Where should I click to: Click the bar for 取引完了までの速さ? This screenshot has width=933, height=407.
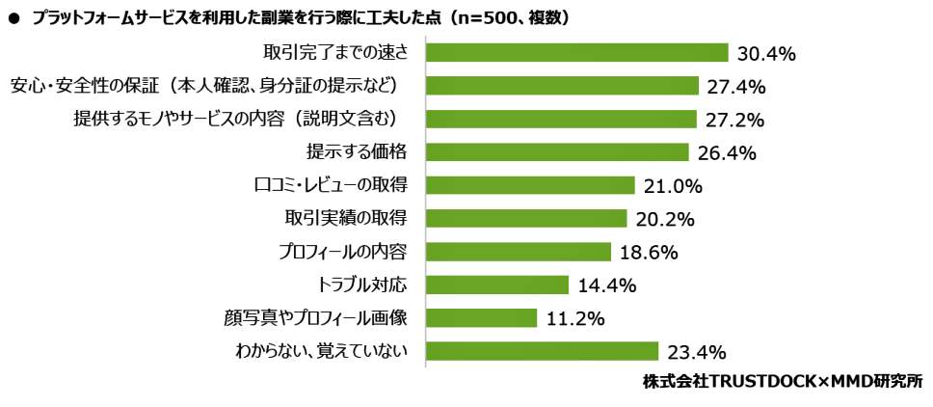(x=576, y=52)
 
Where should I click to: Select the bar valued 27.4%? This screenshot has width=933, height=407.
(x=562, y=86)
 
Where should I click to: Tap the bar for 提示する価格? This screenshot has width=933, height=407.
(x=557, y=152)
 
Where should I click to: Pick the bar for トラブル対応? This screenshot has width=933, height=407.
(x=497, y=285)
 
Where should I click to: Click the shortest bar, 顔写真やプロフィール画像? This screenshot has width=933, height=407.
(x=481, y=317)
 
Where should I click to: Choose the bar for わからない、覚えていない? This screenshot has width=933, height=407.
(x=542, y=351)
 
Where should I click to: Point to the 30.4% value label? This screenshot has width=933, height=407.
(x=766, y=54)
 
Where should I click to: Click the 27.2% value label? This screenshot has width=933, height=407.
(x=735, y=121)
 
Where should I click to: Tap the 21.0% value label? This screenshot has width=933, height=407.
(x=674, y=186)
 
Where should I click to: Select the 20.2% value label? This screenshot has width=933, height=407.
(x=666, y=219)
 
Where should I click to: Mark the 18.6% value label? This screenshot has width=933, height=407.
(x=650, y=253)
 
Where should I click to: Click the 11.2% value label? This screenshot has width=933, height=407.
(x=575, y=318)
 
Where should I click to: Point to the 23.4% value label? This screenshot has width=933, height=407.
(x=696, y=352)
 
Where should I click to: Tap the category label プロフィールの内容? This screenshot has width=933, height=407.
(x=341, y=252)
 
